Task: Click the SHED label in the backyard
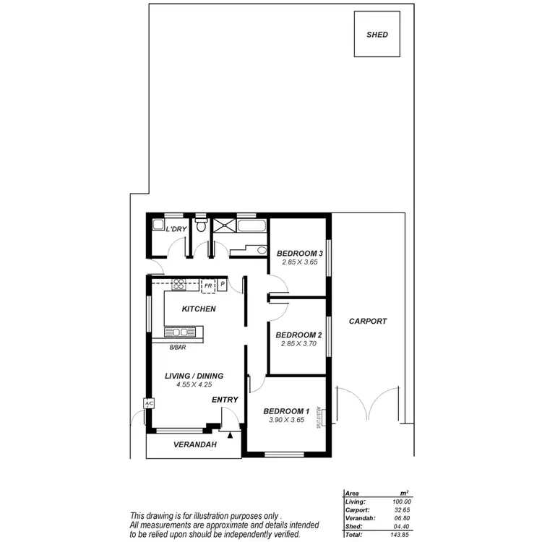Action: coord(377,35)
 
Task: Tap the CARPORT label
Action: coord(368,322)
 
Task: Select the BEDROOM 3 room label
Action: coord(299,253)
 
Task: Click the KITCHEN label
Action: coord(199,309)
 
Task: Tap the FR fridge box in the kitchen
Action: coord(208,285)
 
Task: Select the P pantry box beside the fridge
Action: coord(223,285)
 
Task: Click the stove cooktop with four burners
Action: coord(178,285)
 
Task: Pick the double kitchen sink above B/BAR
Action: coord(181,332)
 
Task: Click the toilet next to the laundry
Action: coord(202,226)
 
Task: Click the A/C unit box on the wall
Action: coord(149,404)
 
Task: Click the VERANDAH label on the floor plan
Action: coord(195,445)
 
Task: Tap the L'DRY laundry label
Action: coord(177,230)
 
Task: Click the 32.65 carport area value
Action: coord(402,509)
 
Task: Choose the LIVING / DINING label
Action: coord(194,376)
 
